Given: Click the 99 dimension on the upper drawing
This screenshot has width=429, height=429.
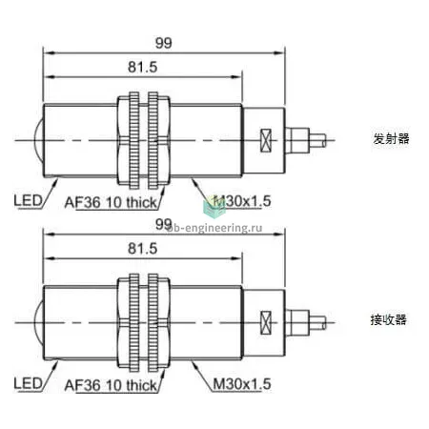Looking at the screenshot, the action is pos(163,43).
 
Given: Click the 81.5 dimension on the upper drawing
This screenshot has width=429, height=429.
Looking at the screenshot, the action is pos(143,67).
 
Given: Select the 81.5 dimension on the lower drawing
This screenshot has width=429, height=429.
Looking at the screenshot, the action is pos(143,249).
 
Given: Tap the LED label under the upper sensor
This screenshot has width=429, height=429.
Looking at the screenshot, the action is pos(28,200).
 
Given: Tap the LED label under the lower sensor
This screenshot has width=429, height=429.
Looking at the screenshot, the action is pos(28,383).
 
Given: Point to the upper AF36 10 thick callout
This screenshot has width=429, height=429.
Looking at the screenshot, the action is pos(111,202).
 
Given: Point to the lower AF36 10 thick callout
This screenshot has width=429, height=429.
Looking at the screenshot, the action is pos(111,385).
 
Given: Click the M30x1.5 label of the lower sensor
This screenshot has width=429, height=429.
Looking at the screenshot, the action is pos(242,384).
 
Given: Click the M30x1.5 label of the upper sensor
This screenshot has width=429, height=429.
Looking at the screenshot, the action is pos(242,201).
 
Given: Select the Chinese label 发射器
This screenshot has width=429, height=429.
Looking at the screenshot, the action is pos(391,139).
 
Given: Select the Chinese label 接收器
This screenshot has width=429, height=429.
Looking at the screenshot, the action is pos(389,319).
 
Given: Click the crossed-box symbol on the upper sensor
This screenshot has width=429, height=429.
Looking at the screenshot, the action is pos(266,140).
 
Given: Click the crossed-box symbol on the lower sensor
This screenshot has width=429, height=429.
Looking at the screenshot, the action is pos(266,322).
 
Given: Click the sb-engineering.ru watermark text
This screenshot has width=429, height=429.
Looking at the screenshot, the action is pos(215,228).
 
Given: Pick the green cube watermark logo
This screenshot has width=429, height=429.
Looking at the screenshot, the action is pos(214,207).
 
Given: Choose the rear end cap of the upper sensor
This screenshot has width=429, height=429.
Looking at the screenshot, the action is pos(264,140).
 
